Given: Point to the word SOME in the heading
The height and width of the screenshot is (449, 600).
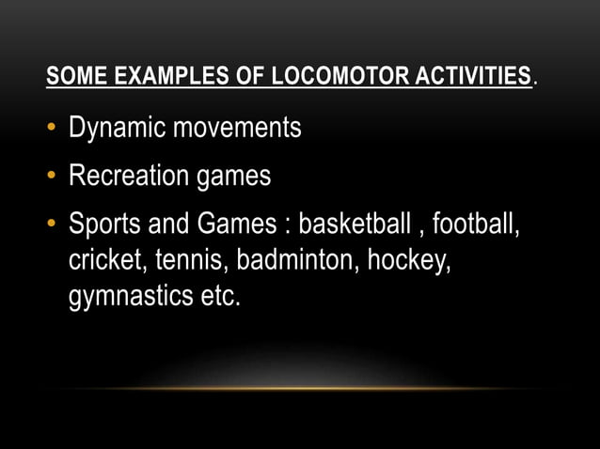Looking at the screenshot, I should click(71, 77).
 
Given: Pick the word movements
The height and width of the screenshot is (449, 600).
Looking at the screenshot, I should click(240, 129).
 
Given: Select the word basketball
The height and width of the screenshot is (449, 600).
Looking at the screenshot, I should click(354, 225).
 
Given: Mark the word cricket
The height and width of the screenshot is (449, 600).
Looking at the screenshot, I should click(102, 260).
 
